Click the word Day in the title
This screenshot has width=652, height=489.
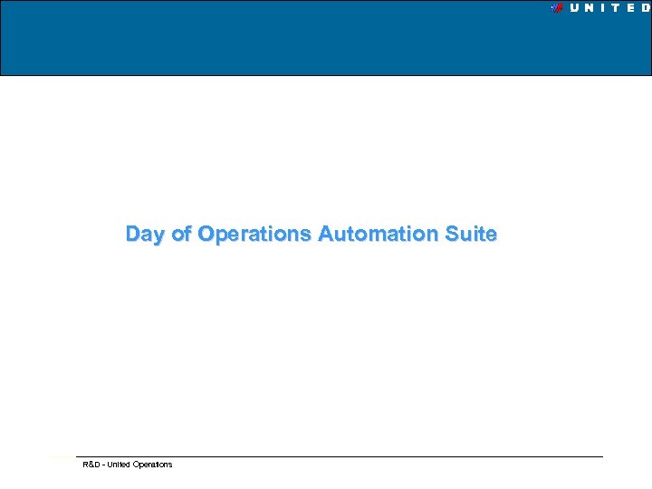click(x=145, y=235)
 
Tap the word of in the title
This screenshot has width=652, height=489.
click(x=181, y=234)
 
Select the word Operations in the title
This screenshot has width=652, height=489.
click(x=254, y=235)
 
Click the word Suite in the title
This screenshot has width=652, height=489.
click(x=471, y=234)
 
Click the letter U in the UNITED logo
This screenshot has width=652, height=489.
click(x=576, y=7)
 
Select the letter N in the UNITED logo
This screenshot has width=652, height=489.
click(x=592, y=7)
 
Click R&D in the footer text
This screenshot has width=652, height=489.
click(x=91, y=465)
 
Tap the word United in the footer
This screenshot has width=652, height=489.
click(x=118, y=465)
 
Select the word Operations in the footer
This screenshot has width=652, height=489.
click(x=152, y=465)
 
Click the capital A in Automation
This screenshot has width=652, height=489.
click(x=326, y=234)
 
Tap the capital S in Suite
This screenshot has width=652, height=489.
click(x=452, y=234)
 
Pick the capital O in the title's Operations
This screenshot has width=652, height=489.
click(x=206, y=234)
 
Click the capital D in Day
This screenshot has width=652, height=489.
click(x=133, y=234)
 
